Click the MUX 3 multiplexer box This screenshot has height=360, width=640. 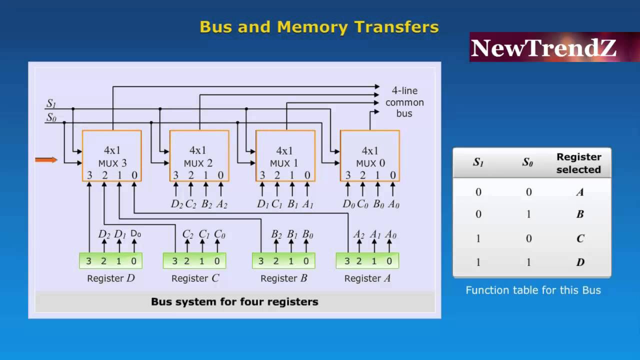pyautogui.click(x=112, y=155)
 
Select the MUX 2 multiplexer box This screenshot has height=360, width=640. pyautogui.click(x=199, y=155)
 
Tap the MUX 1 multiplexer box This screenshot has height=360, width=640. pyautogui.click(x=285, y=155)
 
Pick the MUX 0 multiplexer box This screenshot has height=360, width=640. pyautogui.click(x=370, y=155)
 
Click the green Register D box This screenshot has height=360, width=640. pyautogui.click(x=111, y=260)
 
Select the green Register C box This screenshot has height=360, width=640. pyautogui.click(x=194, y=260)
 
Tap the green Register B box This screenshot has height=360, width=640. pyautogui.click(x=283, y=260)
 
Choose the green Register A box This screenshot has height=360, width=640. pyautogui.click(x=367, y=260)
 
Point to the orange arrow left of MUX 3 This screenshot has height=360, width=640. pyautogui.click(x=46, y=160)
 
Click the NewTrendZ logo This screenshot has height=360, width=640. pyautogui.click(x=543, y=48)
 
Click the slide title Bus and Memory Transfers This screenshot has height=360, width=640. pyautogui.click(x=319, y=27)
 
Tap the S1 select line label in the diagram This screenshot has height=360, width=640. pyautogui.click(x=51, y=104)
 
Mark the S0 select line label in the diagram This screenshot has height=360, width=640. pyautogui.click(x=51, y=118)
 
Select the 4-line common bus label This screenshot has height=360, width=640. pyautogui.click(x=404, y=102)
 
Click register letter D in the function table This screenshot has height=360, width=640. pyautogui.click(x=580, y=262)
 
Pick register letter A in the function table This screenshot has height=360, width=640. pyautogui.click(x=580, y=192)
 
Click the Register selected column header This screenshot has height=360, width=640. pyautogui.click(x=578, y=163)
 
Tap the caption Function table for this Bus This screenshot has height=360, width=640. pyautogui.click(x=533, y=290)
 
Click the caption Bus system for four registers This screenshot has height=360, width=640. pyautogui.click(x=234, y=302)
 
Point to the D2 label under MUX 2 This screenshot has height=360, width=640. pyautogui.click(x=176, y=204)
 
